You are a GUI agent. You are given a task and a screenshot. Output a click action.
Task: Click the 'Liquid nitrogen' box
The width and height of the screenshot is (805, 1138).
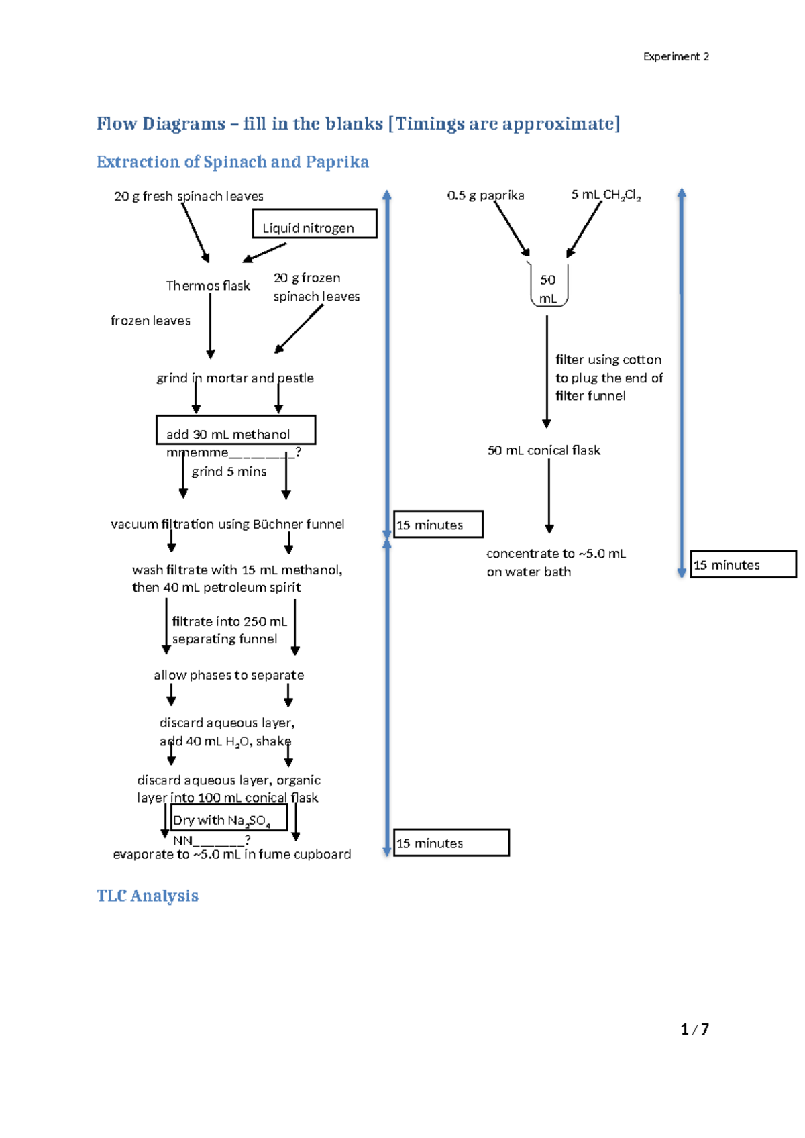coord(314,224)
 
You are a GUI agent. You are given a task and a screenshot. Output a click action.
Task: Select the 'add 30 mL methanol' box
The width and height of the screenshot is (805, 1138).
coord(235,430)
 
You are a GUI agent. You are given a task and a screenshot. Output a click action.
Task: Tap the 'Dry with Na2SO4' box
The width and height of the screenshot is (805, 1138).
coord(229,817)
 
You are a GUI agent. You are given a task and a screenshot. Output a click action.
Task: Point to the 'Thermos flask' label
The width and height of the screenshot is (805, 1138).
coord(208,286)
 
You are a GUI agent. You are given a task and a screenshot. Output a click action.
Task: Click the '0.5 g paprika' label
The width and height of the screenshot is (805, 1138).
coord(486,195)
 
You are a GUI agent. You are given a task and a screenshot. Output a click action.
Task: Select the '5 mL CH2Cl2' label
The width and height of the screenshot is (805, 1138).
coord(606,195)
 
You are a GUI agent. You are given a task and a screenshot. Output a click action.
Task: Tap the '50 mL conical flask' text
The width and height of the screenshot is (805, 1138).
coord(543,450)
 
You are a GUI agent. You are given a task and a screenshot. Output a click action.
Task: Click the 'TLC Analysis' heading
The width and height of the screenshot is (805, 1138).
coord(148,896)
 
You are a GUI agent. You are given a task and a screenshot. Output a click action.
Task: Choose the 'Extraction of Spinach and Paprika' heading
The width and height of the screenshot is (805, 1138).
coord(232,162)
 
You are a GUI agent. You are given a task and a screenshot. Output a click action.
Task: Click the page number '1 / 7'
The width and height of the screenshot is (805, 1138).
coord(694,1029)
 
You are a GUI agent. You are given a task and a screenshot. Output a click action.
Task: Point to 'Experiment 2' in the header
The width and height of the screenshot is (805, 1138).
coord(676,57)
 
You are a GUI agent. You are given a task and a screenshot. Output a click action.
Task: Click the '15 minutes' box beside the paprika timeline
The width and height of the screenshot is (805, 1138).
coord(743,564)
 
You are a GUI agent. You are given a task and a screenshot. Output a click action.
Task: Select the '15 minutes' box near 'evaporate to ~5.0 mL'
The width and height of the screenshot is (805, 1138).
coord(451,843)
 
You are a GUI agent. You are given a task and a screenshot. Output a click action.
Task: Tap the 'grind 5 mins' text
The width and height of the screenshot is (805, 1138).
coord(229,472)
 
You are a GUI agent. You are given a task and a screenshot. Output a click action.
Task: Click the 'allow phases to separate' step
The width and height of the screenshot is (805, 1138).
coord(229,675)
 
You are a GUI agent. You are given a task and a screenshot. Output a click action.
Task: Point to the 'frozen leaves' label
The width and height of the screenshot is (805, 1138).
coord(150,321)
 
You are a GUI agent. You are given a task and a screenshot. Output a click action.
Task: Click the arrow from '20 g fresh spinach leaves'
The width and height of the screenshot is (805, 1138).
coord(195,231)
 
